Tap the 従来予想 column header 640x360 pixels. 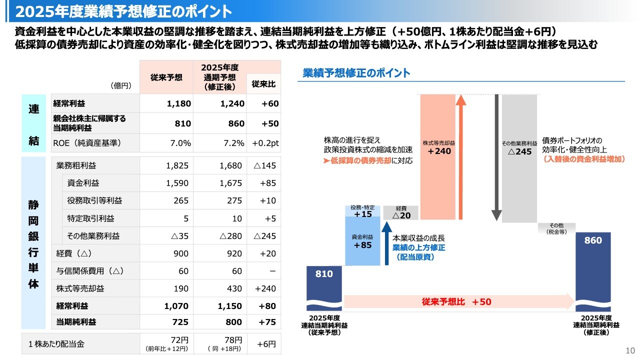click(166, 77)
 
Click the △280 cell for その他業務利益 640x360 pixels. click(230, 235)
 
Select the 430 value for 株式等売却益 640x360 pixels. click(233, 288)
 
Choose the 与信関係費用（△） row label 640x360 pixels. click(89, 271)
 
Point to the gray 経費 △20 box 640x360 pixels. click(401, 213)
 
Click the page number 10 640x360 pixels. click(629, 350)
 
